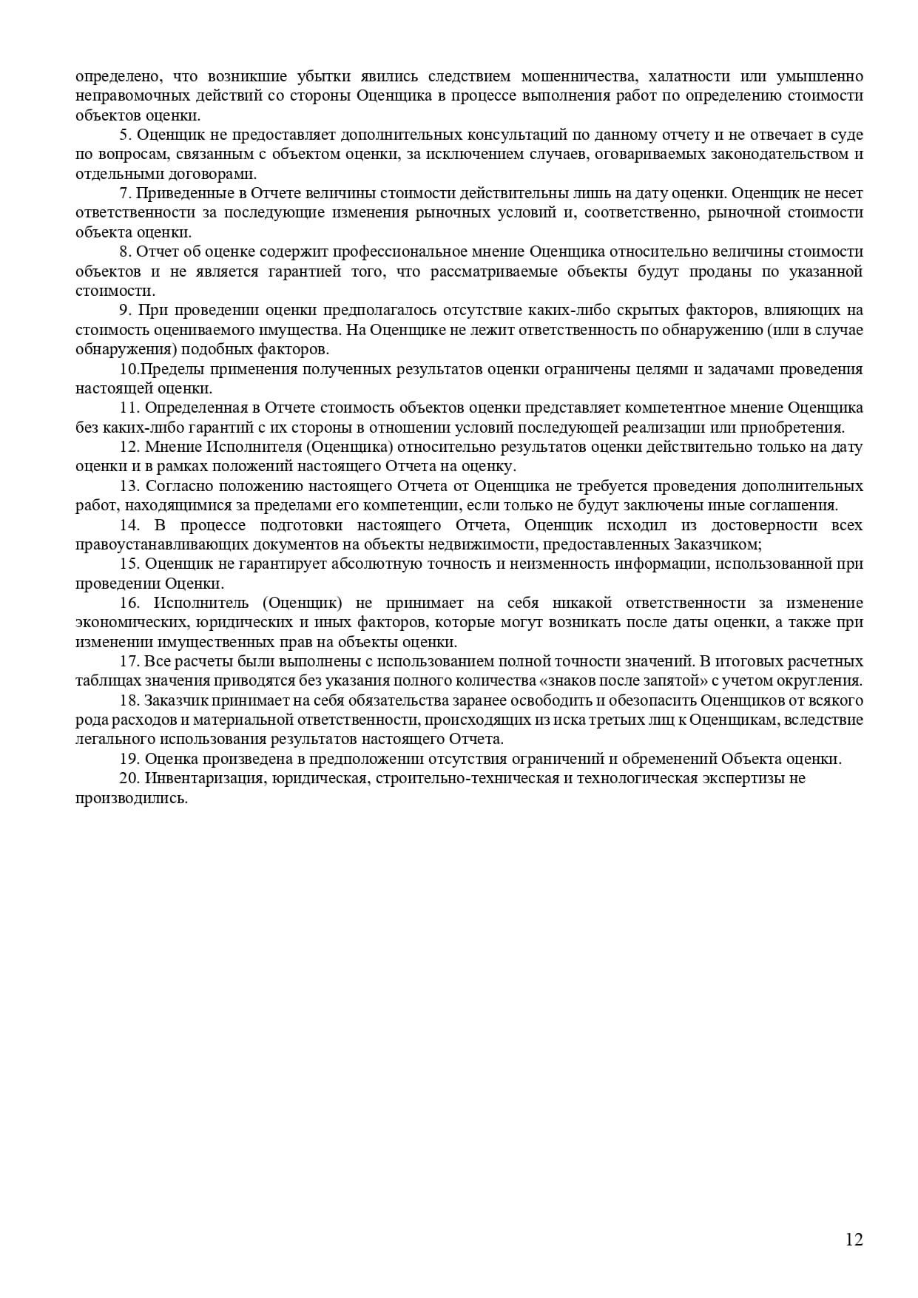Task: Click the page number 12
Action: tap(854, 1240)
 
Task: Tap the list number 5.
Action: tap(124, 135)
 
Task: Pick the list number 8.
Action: tap(124, 251)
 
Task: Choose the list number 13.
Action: tap(129, 486)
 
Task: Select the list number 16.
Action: tap(129, 603)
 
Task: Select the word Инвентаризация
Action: tap(202, 778)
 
